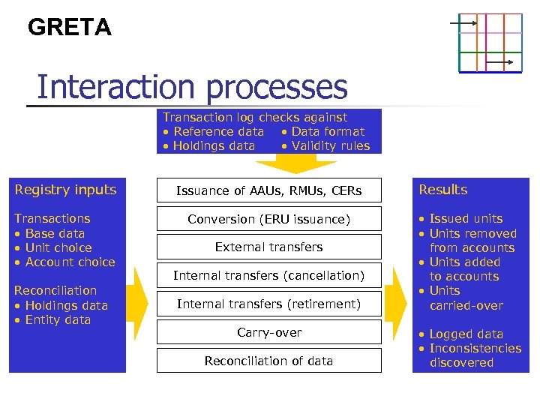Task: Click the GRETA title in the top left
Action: [x=69, y=28]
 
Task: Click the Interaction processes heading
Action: [x=192, y=87]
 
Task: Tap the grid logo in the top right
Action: [x=490, y=43]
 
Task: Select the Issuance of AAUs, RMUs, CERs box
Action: [x=268, y=190]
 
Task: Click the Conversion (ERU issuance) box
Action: [x=268, y=219]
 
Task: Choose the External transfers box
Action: [x=268, y=247]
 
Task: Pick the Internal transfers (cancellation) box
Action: [x=268, y=275]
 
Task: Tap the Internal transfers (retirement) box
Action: [x=268, y=304]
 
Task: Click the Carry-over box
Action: [x=268, y=332]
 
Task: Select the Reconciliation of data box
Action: [x=268, y=361]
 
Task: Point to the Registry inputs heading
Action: [x=66, y=190]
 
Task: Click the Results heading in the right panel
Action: [x=442, y=190]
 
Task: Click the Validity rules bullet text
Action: [x=325, y=146]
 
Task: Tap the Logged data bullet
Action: [x=461, y=334]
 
